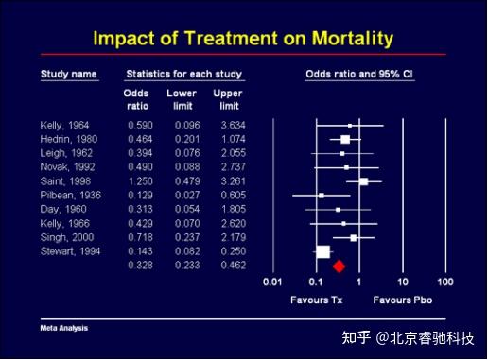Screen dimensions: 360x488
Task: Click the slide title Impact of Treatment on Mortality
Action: [243, 39]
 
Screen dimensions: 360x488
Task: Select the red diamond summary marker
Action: [339, 266]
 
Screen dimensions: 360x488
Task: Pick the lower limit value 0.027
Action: [182, 196]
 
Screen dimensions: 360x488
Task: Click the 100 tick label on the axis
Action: [445, 282]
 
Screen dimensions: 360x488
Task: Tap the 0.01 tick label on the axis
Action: [273, 282]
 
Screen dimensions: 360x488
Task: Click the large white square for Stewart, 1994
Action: [322, 251]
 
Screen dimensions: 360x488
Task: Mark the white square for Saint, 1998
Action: [363, 181]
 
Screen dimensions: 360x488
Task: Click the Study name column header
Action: [69, 74]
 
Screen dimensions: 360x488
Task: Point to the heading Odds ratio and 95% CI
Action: [359, 74]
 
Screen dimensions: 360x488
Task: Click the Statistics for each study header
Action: [184, 74]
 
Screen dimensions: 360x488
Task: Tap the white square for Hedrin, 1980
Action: [345, 139]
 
